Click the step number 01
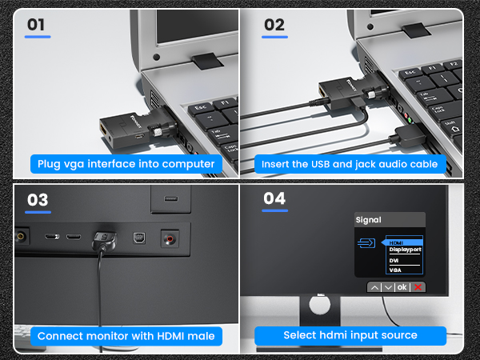[x=36, y=25]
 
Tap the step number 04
[x=274, y=198]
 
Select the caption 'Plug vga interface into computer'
[x=126, y=164]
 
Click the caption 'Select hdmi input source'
[x=350, y=335]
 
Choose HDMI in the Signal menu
[x=396, y=242]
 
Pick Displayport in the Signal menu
[x=405, y=250]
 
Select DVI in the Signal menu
[x=394, y=261]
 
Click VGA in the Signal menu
[x=395, y=270]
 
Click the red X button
[x=418, y=287]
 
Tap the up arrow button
[x=374, y=287]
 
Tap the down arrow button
[x=388, y=287]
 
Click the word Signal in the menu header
[x=368, y=220]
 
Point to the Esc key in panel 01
[x=201, y=108]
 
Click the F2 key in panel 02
[x=453, y=64]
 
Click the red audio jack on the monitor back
[x=170, y=238]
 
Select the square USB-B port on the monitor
[x=139, y=238]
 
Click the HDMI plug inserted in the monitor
[x=105, y=240]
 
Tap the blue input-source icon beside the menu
[x=366, y=243]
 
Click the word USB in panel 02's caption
[x=321, y=164]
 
